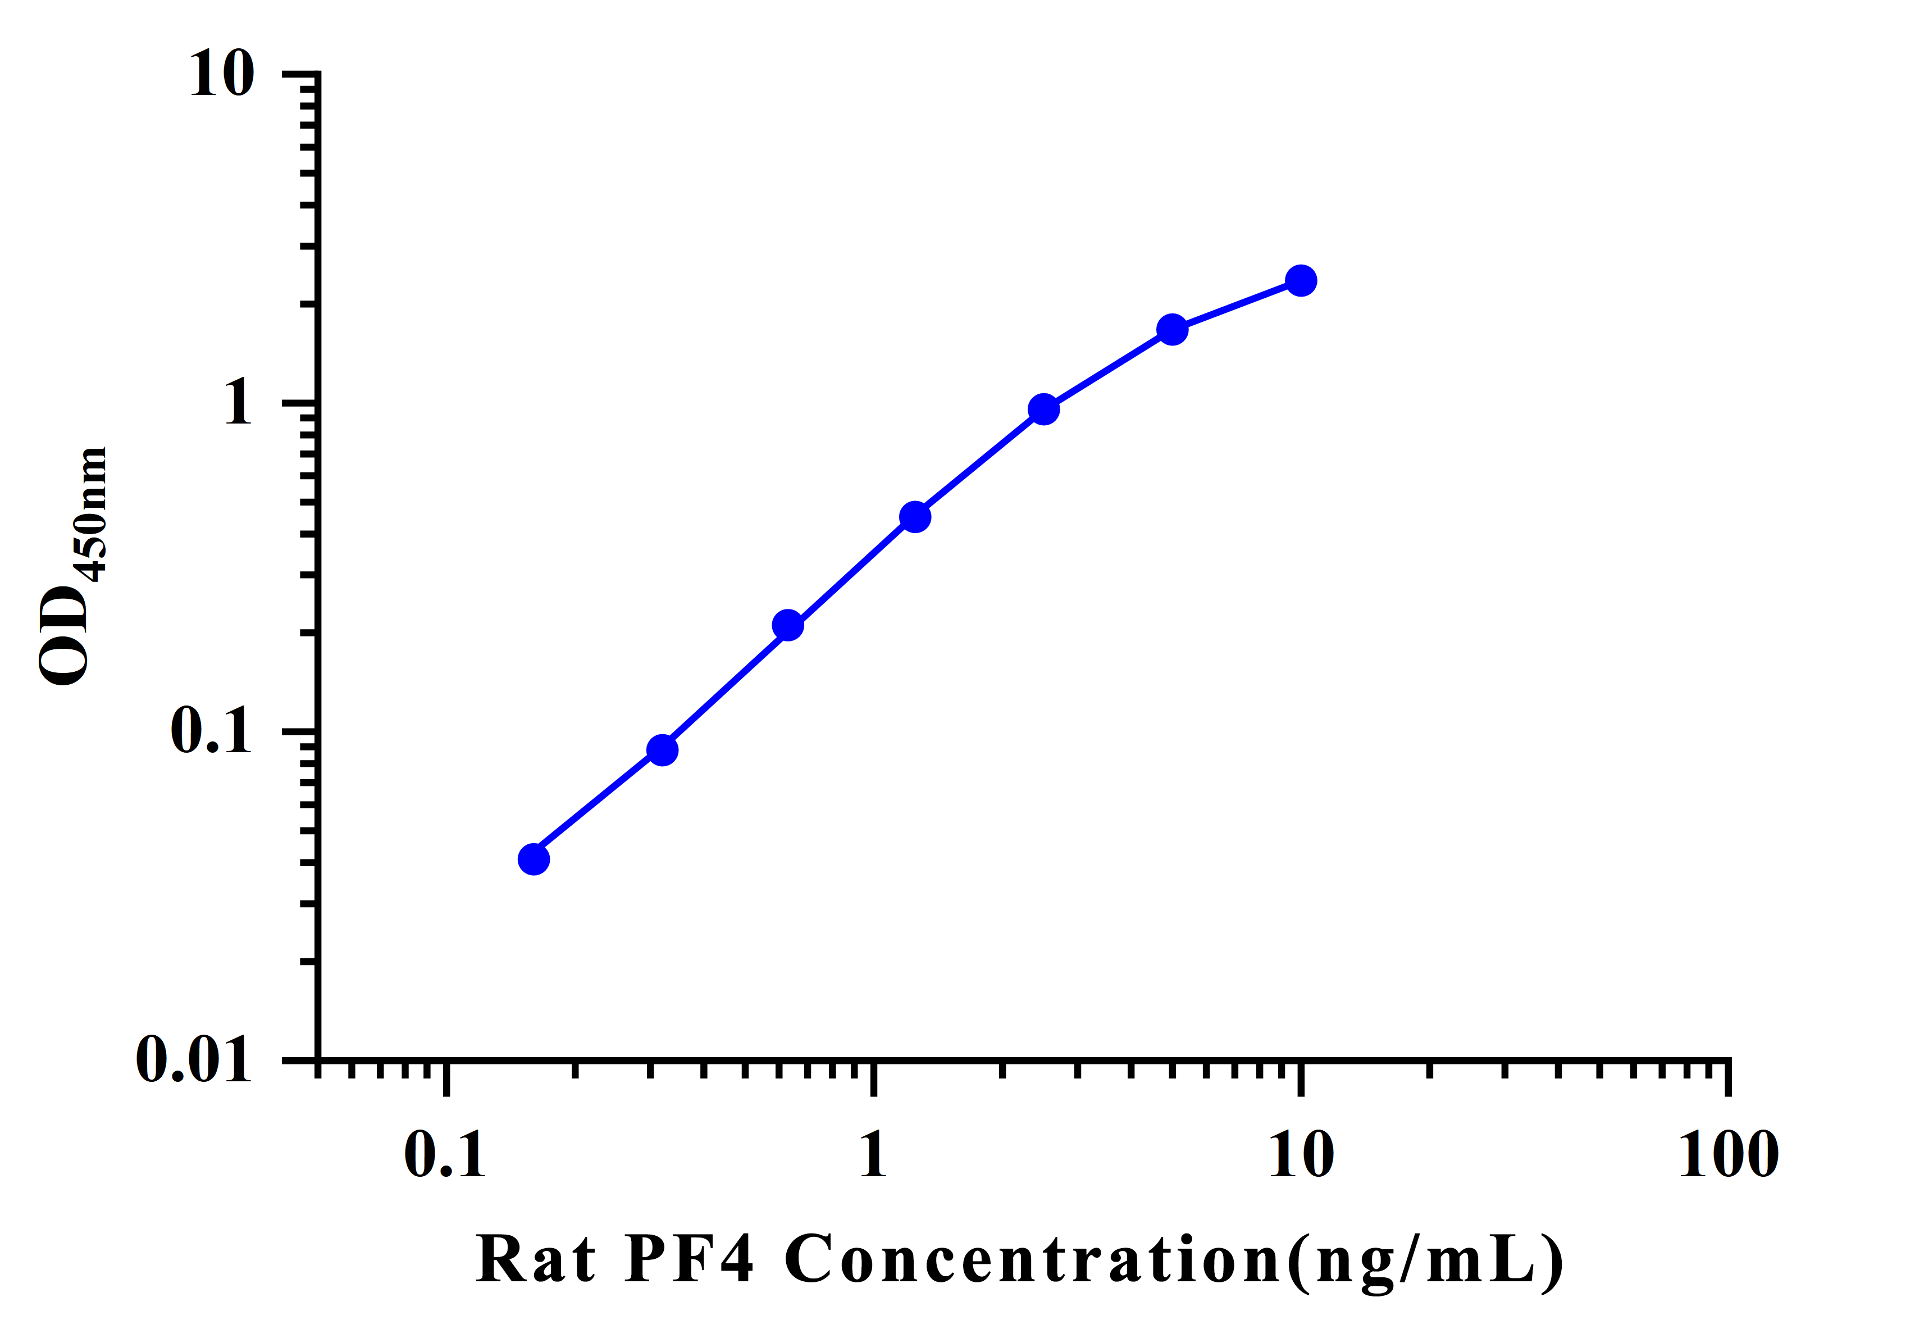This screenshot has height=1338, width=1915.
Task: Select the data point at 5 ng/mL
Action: (1172, 330)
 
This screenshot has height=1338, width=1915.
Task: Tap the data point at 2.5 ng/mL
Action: (1043, 409)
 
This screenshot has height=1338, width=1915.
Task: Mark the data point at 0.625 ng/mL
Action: (787, 626)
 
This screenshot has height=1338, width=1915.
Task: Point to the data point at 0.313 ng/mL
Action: (662, 750)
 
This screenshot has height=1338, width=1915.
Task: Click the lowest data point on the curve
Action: (534, 859)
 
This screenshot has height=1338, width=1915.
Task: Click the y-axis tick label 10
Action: (221, 75)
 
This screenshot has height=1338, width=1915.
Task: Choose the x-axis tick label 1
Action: (873, 1155)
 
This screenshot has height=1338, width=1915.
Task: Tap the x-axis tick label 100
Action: (1728, 1155)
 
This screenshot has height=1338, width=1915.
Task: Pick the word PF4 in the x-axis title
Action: (689, 1259)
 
